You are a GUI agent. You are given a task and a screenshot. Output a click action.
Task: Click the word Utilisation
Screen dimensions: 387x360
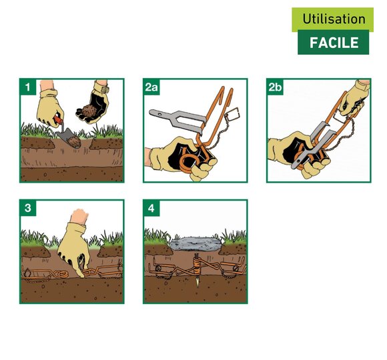click(x=334, y=19)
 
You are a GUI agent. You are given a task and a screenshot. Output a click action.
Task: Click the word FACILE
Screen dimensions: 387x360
click(x=334, y=43)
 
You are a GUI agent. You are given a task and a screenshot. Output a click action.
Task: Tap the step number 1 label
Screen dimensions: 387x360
click(x=27, y=87)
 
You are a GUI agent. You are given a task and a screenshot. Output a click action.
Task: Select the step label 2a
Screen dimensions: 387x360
click(x=151, y=87)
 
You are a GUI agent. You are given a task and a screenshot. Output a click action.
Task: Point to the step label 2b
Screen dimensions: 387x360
click(x=275, y=87)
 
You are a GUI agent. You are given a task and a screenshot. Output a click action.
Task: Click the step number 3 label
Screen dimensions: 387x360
click(x=27, y=208)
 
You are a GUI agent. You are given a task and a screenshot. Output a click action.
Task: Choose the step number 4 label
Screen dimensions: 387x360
click(x=151, y=208)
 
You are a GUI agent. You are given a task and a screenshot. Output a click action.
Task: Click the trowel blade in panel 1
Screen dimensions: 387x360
click(x=69, y=139)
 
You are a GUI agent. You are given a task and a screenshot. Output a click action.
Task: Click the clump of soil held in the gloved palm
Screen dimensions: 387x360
click(x=89, y=111)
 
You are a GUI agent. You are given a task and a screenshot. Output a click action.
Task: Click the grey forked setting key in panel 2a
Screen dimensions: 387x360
click(x=178, y=121)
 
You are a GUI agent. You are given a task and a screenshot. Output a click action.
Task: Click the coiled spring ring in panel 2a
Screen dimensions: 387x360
click(x=187, y=163)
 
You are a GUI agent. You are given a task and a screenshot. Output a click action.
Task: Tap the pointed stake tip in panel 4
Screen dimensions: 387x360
click(x=198, y=283)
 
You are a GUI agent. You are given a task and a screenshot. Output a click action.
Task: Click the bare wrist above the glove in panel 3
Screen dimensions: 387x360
click(x=79, y=215)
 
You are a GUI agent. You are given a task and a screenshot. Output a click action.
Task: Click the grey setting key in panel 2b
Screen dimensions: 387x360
click(x=312, y=145)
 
